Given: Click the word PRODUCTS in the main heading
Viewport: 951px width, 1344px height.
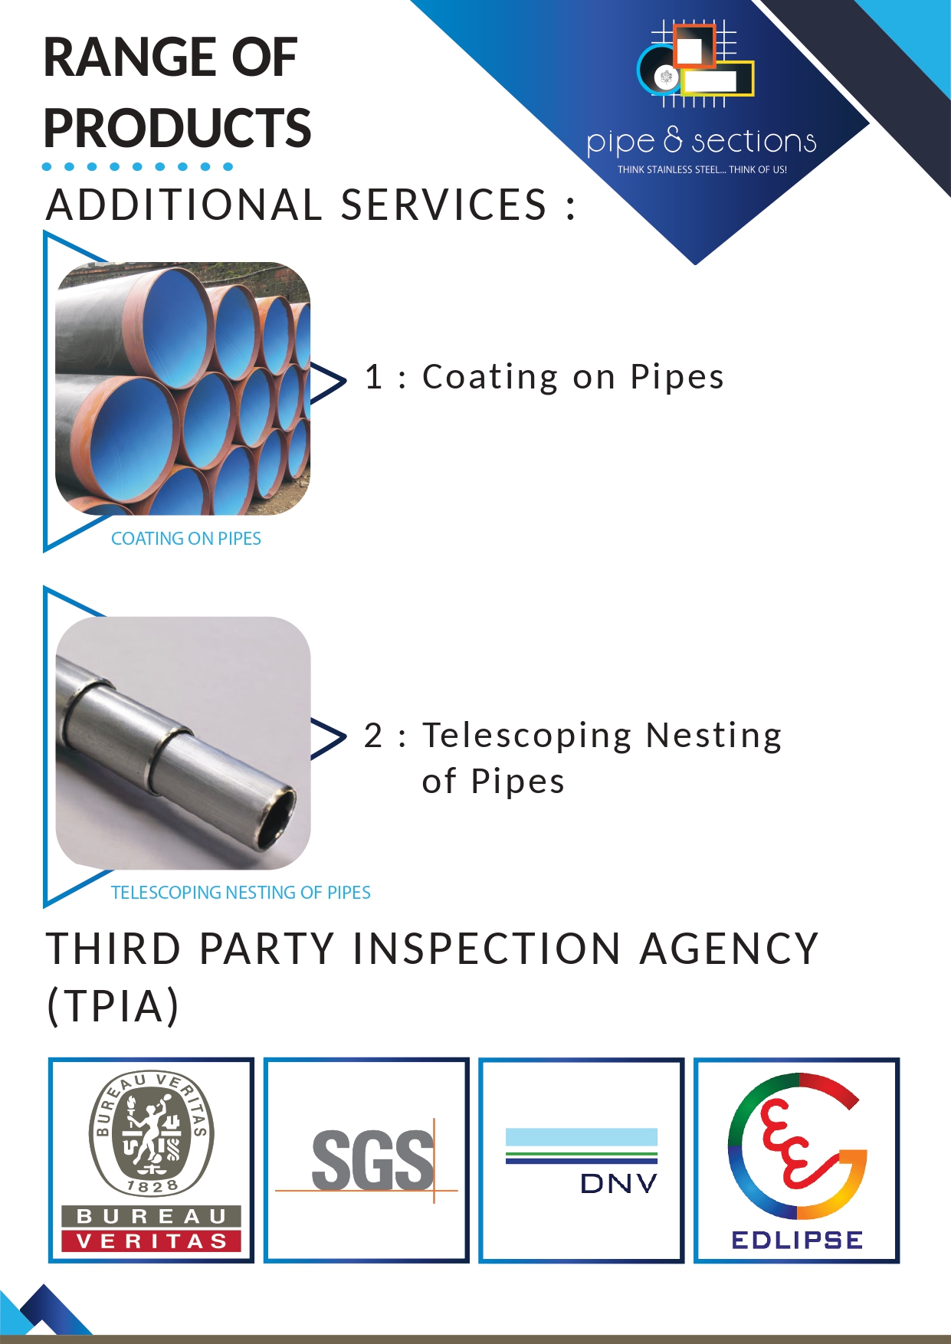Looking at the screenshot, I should pyautogui.click(x=177, y=128).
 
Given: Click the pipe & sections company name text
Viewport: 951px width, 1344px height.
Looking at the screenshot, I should pyautogui.click(x=701, y=142).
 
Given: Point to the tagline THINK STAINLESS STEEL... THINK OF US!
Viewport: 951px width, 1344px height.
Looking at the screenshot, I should pyautogui.click(x=702, y=169).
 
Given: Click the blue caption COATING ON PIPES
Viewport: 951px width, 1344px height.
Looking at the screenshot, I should pyautogui.click(x=186, y=539).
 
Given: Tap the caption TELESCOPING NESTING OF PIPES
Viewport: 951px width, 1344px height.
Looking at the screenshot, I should pyautogui.click(x=241, y=893).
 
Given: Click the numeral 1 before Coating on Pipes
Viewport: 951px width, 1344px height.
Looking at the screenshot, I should pyautogui.click(x=374, y=377).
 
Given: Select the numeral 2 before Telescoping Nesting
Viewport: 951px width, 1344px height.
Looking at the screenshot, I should pyautogui.click(x=373, y=736).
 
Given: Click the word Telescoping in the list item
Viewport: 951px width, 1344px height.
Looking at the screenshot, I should pyautogui.click(x=527, y=736).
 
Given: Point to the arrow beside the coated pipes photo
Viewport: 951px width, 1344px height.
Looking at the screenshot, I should pyautogui.click(x=329, y=382).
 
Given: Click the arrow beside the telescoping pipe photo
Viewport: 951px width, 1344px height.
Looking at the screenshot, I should pyautogui.click(x=329, y=738).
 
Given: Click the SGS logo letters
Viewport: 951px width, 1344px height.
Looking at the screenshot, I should pyautogui.click(x=372, y=1160).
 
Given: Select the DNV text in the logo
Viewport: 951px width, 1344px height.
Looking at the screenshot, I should pyautogui.click(x=619, y=1184).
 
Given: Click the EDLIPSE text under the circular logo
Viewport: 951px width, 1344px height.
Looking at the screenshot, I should pyautogui.click(x=797, y=1240).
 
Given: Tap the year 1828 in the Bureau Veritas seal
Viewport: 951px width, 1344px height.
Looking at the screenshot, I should pyautogui.click(x=152, y=1187).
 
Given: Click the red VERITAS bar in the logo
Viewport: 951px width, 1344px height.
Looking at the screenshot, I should pyautogui.click(x=152, y=1241).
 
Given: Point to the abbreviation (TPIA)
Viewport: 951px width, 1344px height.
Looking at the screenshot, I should pyautogui.click(x=113, y=1005).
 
